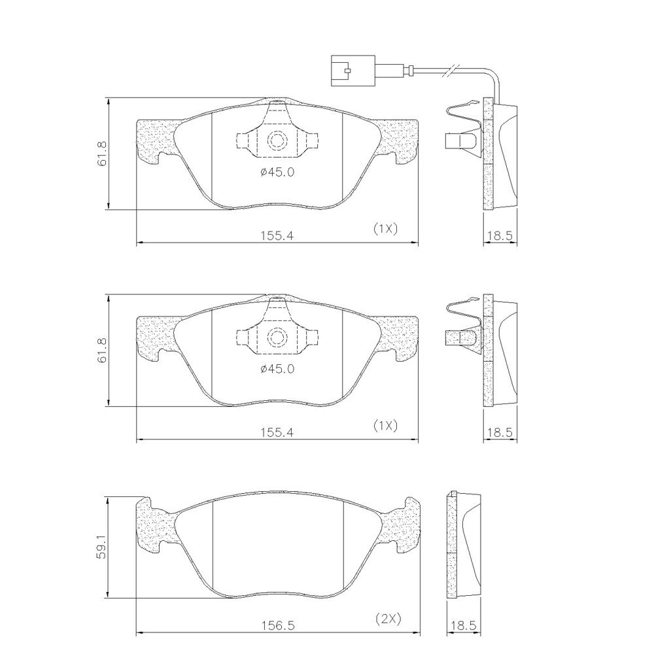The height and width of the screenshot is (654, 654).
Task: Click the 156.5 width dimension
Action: pyautogui.click(x=278, y=625)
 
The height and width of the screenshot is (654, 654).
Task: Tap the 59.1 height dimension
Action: pyautogui.click(x=102, y=547)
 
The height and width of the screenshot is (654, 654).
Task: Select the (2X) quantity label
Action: pyautogui.click(x=388, y=619)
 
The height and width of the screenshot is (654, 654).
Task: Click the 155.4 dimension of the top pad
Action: pyautogui.click(x=277, y=235)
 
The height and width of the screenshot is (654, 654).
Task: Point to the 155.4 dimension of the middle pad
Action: pyautogui.click(x=277, y=432)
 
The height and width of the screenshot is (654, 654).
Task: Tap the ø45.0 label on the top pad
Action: pyautogui.click(x=277, y=172)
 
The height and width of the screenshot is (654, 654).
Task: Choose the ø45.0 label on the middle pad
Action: pyautogui.click(x=277, y=369)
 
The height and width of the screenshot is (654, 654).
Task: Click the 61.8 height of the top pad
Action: pyautogui.click(x=102, y=154)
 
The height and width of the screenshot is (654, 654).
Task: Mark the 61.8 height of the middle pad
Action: pyautogui.click(x=102, y=351)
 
